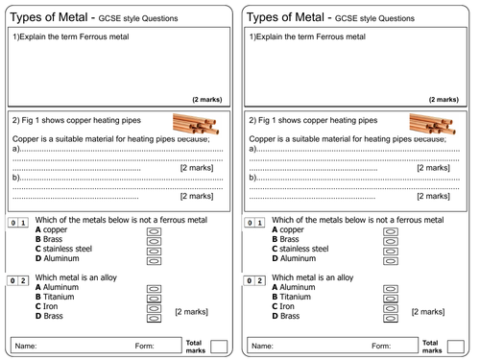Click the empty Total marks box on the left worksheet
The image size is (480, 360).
(219, 346)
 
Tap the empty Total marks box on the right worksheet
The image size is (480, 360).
(456, 346)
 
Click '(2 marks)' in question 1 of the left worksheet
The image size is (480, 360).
(207, 99)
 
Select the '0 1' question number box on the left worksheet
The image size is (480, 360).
(18, 223)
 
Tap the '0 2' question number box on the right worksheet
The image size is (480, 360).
(255, 280)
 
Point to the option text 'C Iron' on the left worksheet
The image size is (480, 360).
(50, 306)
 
